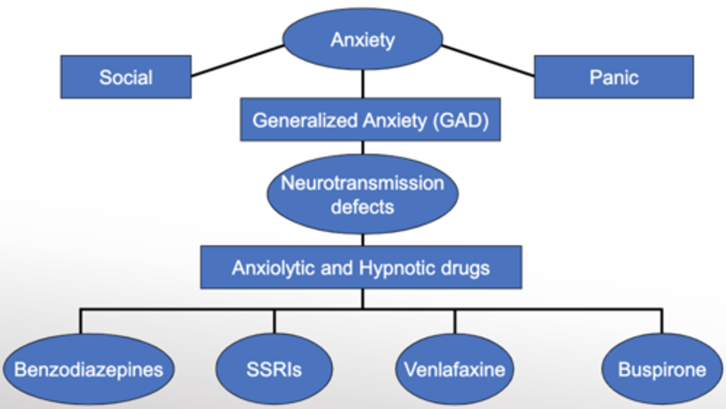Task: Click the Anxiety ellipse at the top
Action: pos(362,39)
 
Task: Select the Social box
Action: pos(126,77)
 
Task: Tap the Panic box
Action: pos(614,77)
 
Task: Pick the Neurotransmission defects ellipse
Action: pos(362,194)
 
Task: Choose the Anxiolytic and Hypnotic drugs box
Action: pos(361,267)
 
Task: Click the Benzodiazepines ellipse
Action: pos(88,369)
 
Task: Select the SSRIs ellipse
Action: pos(274,369)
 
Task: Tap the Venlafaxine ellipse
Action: pos(454,369)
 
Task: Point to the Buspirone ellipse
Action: pos(661,369)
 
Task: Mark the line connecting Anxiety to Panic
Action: pos(488,61)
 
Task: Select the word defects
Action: pos(362,207)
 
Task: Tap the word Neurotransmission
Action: pos(362,183)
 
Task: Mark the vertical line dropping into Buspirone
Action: pos(661,321)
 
